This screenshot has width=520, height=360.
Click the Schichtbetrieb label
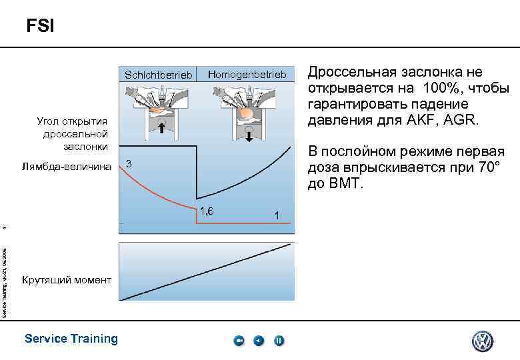pyautogui.click(x=158, y=75)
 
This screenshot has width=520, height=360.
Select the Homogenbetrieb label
pyautogui.click(x=247, y=74)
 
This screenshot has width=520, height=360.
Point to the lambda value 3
pyautogui.click(x=129, y=164)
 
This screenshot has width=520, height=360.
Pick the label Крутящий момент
pyautogui.click(x=67, y=279)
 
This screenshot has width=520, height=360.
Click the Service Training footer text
pyautogui.click(x=71, y=339)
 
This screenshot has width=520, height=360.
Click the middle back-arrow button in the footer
pyautogui.click(x=259, y=341)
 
